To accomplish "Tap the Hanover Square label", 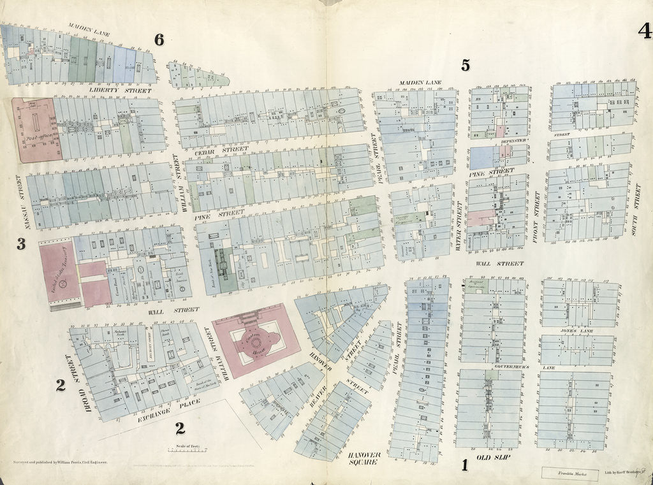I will [364, 459].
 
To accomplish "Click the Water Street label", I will [459, 226].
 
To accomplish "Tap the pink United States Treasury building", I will [61, 273].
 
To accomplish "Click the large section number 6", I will [159, 40].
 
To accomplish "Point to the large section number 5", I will [466, 64].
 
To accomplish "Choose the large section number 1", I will [465, 466].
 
